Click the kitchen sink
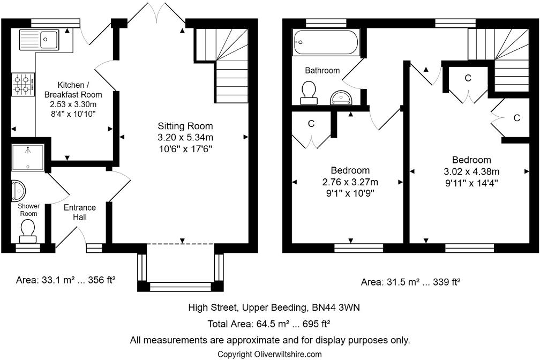pyautogui.click(x=39, y=39)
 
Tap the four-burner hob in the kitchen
pyautogui.click(x=22, y=84)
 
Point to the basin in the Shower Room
pyautogui.click(x=18, y=190)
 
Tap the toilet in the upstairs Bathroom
pyautogui.click(x=308, y=92)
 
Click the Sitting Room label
pyautogui.click(x=185, y=126)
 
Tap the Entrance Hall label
pyautogui.click(x=80, y=212)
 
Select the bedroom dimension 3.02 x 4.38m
pyautogui.click(x=471, y=171)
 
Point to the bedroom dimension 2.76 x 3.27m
pyautogui.click(x=350, y=182)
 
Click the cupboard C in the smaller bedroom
pyautogui.click(x=311, y=124)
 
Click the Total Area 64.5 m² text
pyautogui.click(x=269, y=324)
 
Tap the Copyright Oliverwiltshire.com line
pyautogui.click(x=269, y=354)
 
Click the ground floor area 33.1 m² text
pyautogui.click(x=66, y=279)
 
